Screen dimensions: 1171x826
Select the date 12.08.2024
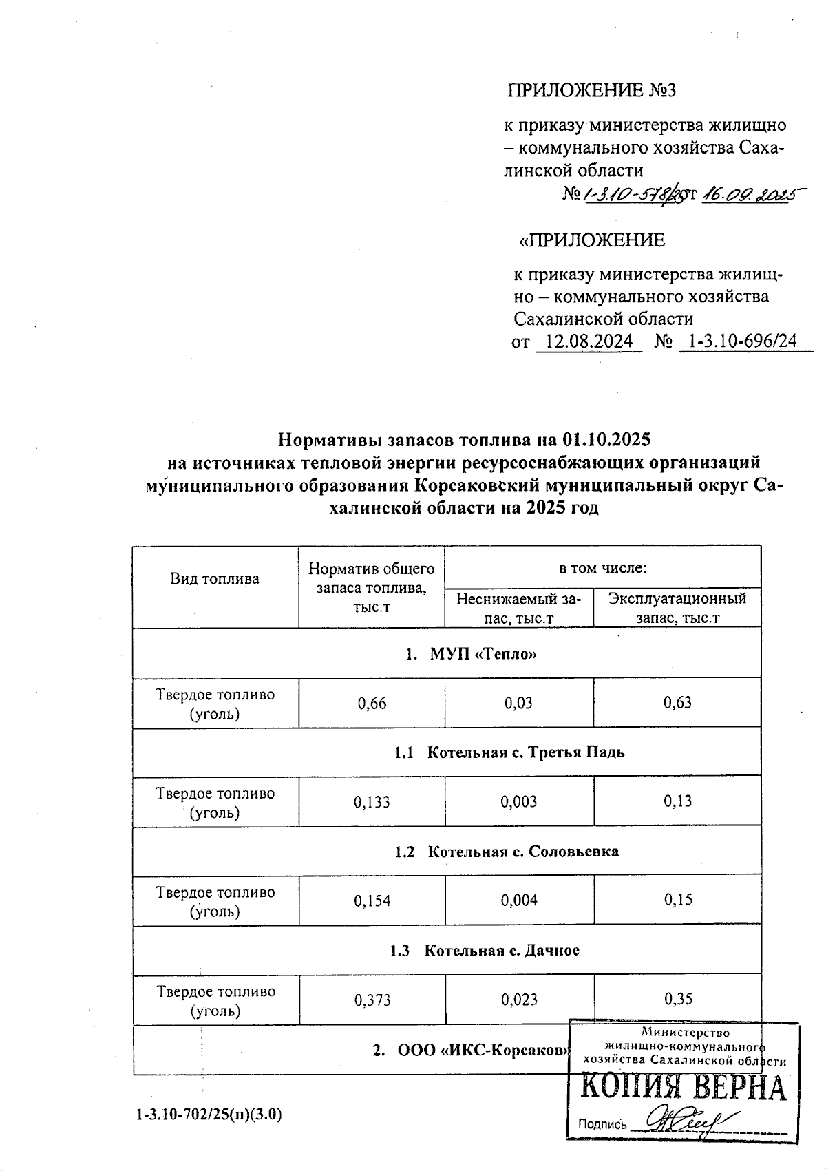tap(589, 341)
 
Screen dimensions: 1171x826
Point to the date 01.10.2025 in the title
tap(606, 439)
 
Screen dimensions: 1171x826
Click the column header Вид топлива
tap(215, 579)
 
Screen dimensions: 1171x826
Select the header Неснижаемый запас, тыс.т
tap(519, 608)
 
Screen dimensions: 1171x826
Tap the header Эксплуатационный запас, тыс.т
tap(677, 608)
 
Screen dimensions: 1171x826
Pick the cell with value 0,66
tap(372, 704)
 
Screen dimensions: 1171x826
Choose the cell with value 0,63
tap(677, 703)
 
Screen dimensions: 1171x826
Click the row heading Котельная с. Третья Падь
tap(509, 752)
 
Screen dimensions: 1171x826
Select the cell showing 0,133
tap(372, 802)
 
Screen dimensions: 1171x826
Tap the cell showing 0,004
tap(519, 900)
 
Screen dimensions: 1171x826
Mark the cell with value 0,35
tap(678, 999)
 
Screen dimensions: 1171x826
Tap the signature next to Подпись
tap(688, 1120)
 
